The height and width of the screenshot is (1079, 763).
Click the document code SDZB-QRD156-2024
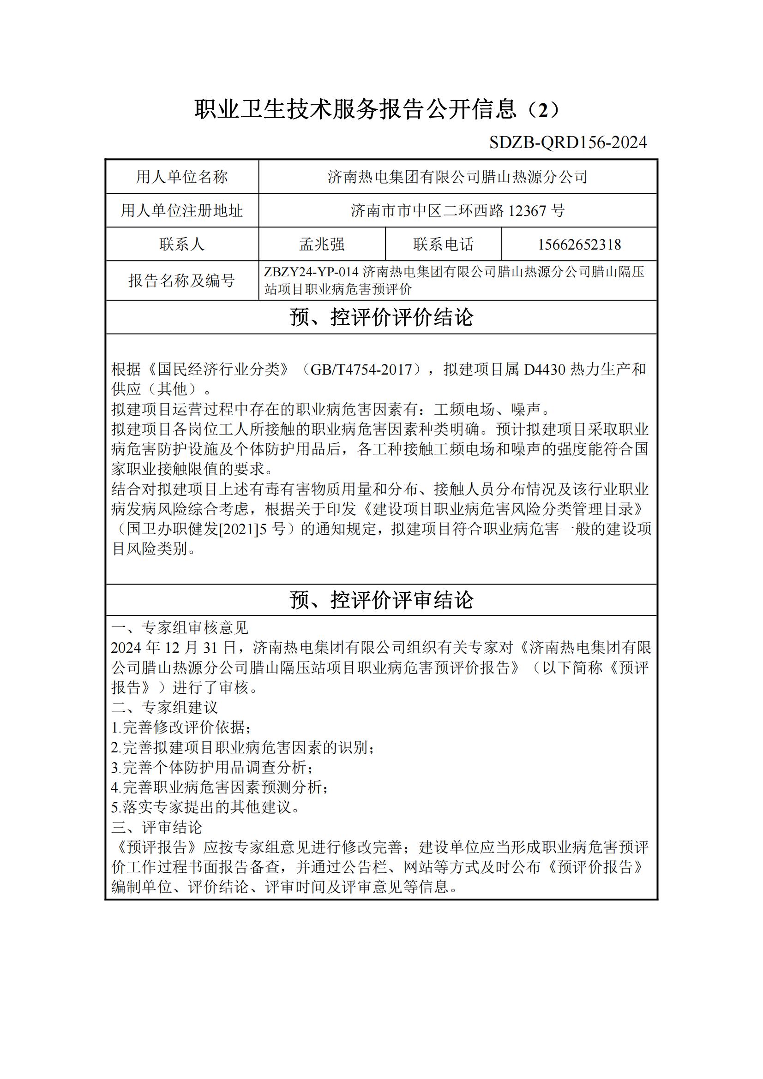568,142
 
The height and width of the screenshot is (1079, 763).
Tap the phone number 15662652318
579,244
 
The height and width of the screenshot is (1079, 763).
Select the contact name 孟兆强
322,244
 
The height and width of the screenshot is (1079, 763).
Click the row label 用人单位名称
182,177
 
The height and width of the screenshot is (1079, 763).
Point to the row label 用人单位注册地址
182,210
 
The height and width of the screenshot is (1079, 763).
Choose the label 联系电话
443,244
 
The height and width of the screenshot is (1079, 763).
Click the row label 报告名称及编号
182,280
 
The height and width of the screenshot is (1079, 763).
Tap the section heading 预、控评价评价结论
381,317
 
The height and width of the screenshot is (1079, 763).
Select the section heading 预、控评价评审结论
381,600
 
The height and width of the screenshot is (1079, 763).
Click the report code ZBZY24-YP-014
311,272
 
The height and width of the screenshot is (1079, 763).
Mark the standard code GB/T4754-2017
361,370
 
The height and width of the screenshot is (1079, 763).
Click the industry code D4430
544,370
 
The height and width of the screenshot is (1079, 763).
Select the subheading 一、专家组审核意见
180,628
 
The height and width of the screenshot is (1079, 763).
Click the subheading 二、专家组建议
164,707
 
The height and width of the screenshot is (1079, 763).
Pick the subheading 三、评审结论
156,827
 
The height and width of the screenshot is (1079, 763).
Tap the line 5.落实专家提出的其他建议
205,807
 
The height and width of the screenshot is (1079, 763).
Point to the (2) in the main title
543,110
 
